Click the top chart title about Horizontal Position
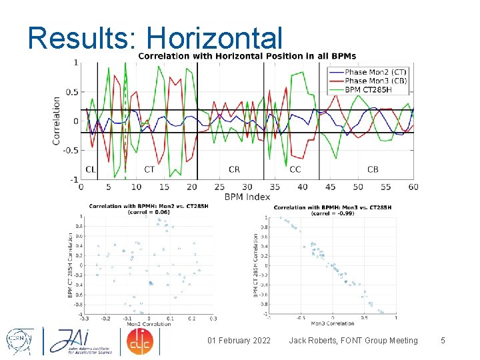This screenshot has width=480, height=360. coord(247,56)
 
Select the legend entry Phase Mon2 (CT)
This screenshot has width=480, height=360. coord(377,72)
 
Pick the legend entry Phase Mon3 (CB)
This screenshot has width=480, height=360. coord(377,81)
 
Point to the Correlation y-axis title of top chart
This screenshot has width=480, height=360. coord(56,121)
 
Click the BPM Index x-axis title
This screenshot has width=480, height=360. coord(247,197)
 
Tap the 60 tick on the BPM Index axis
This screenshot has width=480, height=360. coord(413,187)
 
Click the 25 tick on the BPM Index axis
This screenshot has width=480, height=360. coord(219,187)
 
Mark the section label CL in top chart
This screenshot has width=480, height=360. coord(91,169)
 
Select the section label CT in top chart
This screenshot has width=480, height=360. coord(149,169)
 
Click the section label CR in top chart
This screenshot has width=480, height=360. coord(234,169)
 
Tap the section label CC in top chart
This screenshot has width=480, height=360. coord(295,169)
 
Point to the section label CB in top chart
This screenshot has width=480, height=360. coord(373,169)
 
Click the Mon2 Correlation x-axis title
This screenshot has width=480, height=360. coord(149,324)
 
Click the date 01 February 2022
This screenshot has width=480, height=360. coord(239,341)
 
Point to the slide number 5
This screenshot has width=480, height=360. coord(443,341)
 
